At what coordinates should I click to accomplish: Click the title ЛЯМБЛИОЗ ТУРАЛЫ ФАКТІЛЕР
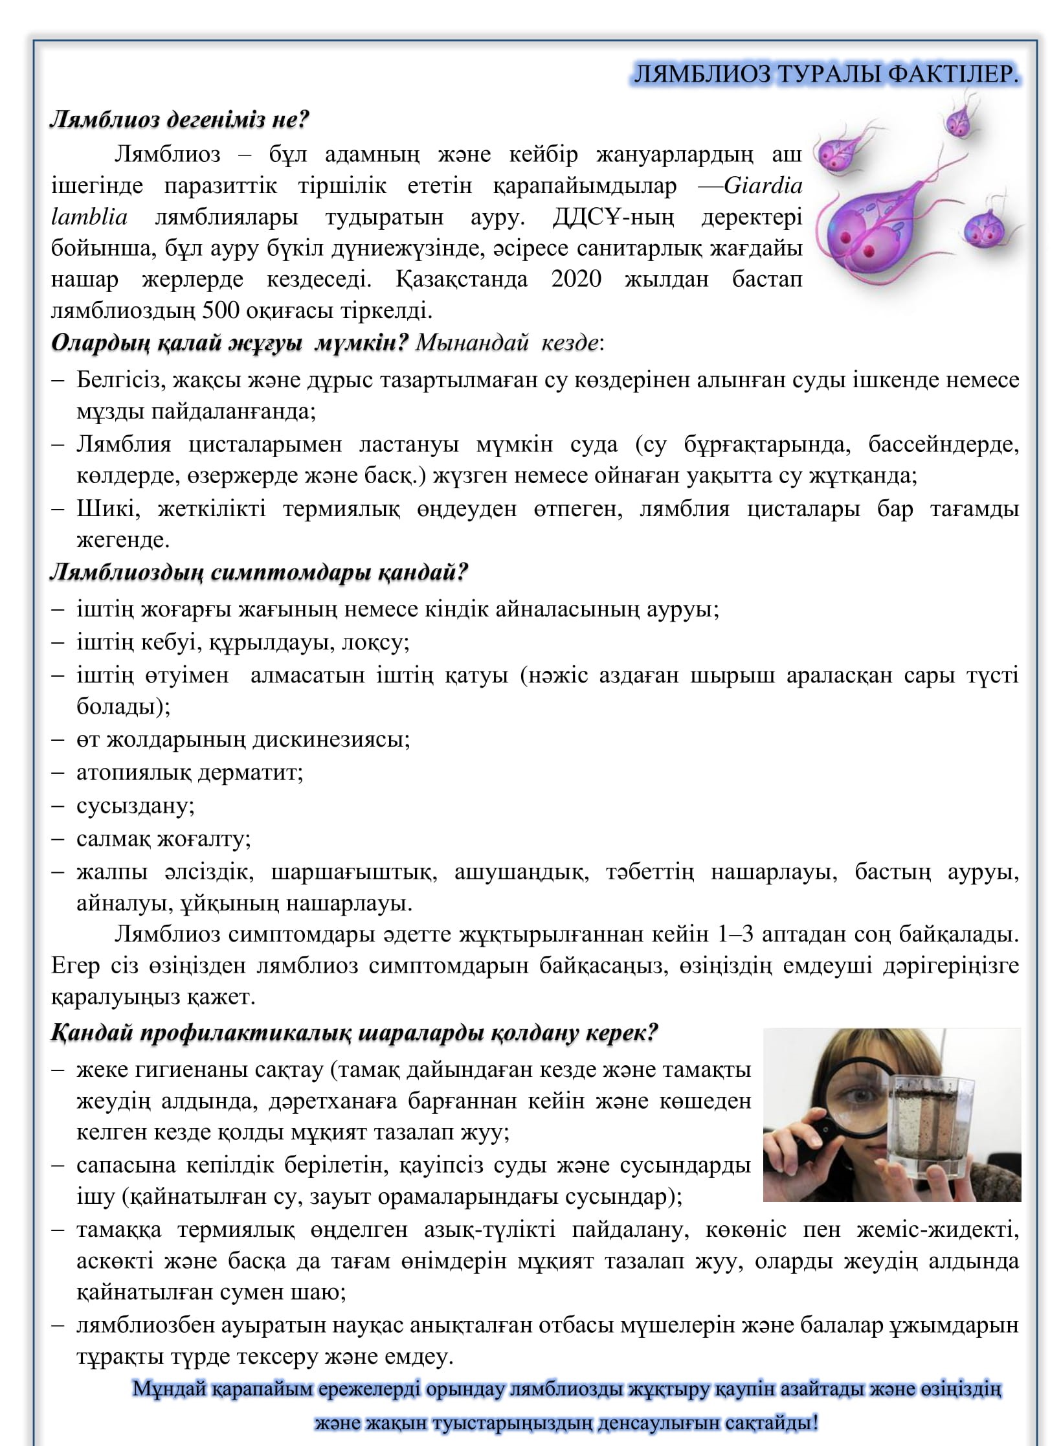[825, 75]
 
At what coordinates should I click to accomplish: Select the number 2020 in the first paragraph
[576, 279]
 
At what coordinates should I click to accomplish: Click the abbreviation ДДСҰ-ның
[612, 218]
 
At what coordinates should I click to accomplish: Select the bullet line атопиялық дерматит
[190, 773]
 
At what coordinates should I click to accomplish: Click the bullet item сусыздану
[135, 806]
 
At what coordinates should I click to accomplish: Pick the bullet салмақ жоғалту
[164, 839]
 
